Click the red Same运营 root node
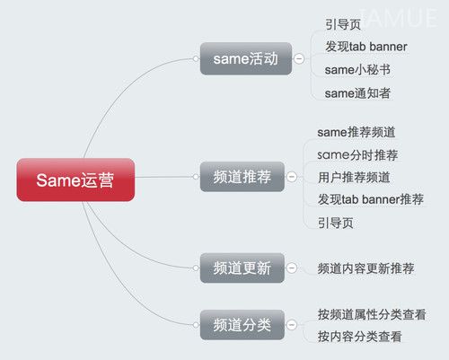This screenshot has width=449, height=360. [x=75, y=180]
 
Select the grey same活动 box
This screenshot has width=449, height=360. [x=246, y=58]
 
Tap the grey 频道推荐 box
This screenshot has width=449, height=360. [x=242, y=177]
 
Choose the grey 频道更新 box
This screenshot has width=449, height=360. [x=242, y=268]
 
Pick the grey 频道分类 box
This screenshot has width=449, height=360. [x=242, y=325]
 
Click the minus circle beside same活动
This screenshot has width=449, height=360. [x=299, y=58]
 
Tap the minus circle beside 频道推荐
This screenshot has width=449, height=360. [x=292, y=177]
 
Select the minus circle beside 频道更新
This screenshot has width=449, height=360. [x=292, y=268]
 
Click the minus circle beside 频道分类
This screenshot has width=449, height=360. [x=292, y=325]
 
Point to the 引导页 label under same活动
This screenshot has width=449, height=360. [x=343, y=24]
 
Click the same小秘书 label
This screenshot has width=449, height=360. [x=357, y=70]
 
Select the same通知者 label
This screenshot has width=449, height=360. [x=357, y=93]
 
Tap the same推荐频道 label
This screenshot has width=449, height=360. [x=357, y=132]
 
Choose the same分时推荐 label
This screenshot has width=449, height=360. [x=357, y=155]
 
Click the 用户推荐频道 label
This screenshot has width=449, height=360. [x=354, y=177]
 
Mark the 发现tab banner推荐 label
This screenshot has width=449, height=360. [x=371, y=199]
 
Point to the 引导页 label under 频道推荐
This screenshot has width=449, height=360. [x=336, y=223]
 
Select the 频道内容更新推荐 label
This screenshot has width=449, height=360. [x=365, y=268]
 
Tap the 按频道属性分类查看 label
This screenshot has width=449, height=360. [x=372, y=314]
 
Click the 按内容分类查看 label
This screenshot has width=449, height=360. [x=359, y=337]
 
